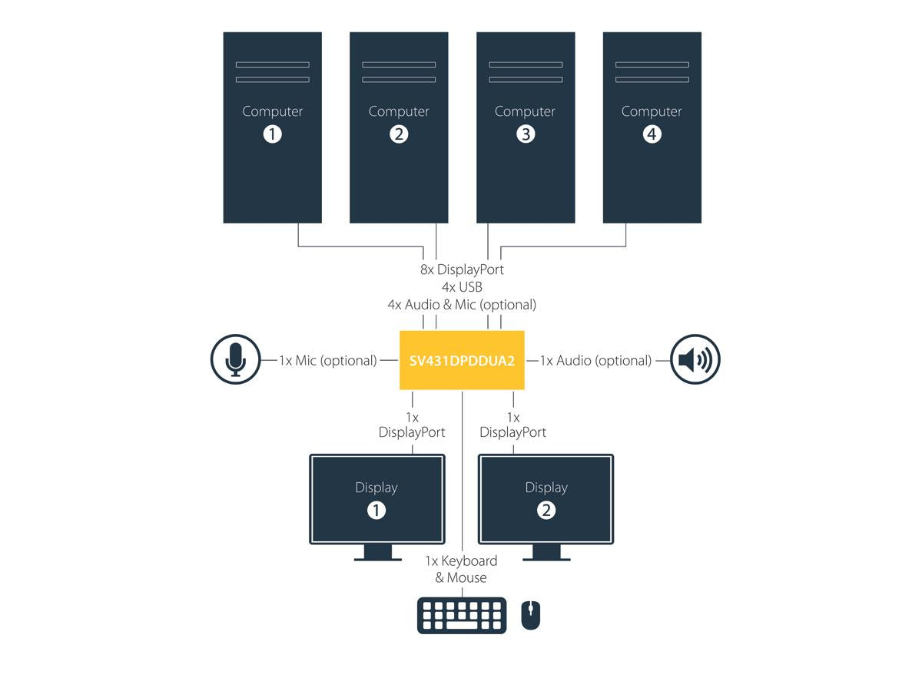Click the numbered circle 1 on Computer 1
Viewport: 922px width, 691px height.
[x=272, y=134]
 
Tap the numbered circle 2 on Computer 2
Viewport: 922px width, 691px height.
[x=399, y=134]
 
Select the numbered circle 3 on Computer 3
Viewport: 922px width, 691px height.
[x=526, y=134]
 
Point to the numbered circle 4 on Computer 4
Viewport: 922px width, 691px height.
[x=652, y=134]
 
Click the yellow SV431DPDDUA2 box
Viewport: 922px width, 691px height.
[x=462, y=360]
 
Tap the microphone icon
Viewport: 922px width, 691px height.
[x=235, y=359]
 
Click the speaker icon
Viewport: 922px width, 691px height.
[x=695, y=359]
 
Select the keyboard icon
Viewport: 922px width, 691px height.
[x=462, y=615]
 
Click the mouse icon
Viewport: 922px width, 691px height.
[x=530, y=615]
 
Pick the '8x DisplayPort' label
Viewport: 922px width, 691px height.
[x=462, y=269]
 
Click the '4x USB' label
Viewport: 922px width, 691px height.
[x=462, y=287]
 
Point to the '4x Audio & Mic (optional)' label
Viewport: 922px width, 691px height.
[x=462, y=305]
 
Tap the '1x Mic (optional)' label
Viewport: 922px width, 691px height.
[x=328, y=360]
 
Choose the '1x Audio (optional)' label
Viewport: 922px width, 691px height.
[x=595, y=360]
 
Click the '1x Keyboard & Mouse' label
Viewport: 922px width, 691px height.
[x=461, y=569]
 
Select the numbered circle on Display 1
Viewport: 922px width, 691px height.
[x=376, y=511]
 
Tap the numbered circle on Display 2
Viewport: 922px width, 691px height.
[x=546, y=511]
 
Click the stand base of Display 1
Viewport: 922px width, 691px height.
[x=377, y=559]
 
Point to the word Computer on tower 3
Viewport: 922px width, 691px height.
[x=525, y=111]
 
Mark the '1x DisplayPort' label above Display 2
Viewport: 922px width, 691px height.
[x=513, y=425]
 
